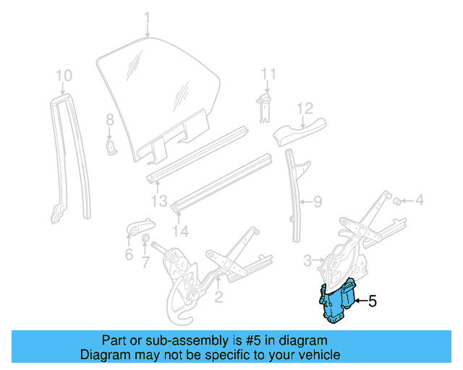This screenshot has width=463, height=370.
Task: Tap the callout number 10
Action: (x=64, y=74)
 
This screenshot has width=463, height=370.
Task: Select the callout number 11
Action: (x=268, y=74)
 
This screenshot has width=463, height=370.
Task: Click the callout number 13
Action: (x=160, y=200)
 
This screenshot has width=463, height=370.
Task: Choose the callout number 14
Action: (x=180, y=231)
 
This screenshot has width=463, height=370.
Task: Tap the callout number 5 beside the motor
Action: (x=373, y=301)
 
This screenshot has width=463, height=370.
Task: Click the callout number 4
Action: (x=419, y=200)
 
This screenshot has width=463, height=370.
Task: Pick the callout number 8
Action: (x=110, y=119)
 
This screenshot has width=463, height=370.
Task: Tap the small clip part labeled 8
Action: (x=111, y=147)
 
